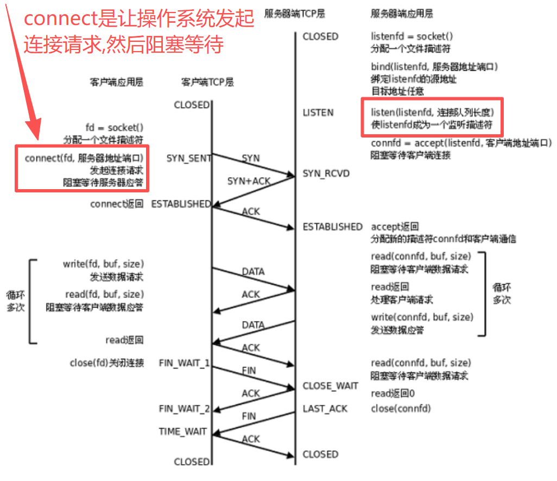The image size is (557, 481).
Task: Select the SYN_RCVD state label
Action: click(326, 173)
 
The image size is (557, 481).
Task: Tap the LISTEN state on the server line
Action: click(318, 113)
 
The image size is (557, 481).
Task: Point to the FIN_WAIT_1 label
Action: click(184, 363)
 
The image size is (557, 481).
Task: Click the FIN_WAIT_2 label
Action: click(184, 408)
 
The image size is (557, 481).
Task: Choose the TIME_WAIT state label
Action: click(183, 432)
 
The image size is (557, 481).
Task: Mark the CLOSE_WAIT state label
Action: click(330, 386)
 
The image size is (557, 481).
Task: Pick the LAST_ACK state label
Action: click(325, 409)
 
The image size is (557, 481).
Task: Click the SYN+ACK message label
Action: click(249, 181)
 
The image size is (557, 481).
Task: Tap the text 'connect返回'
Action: click(117, 204)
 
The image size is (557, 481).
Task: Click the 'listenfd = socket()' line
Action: click(412, 36)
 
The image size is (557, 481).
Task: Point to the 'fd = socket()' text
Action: click(114, 127)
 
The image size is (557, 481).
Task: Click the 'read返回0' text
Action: click(393, 393)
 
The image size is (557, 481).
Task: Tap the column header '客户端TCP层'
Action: click(207, 83)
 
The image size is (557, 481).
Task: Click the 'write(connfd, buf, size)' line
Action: click(422, 317)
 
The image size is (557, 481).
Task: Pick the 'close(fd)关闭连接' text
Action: click(107, 363)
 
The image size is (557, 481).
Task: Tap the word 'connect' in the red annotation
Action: click(60, 19)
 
